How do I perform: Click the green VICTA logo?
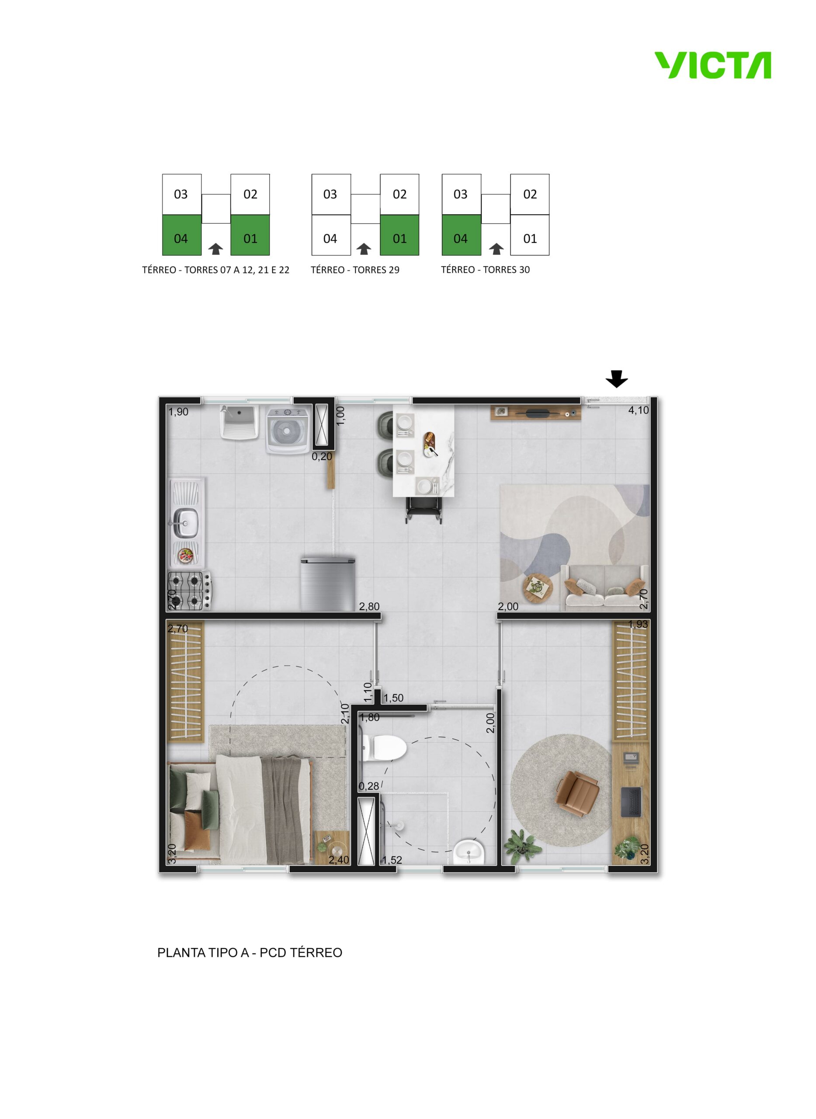tap(713, 65)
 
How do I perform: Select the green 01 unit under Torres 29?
tap(399, 235)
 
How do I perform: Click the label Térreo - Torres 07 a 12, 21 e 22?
tap(216, 270)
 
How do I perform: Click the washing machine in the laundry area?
tap(288, 430)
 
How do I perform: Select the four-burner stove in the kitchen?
tap(190, 591)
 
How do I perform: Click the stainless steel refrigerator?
tap(328, 584)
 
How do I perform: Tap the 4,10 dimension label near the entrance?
tap(638, 410)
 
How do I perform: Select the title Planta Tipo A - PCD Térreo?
tap(250, 952)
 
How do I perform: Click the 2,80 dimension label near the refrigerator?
tap(369, 606)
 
